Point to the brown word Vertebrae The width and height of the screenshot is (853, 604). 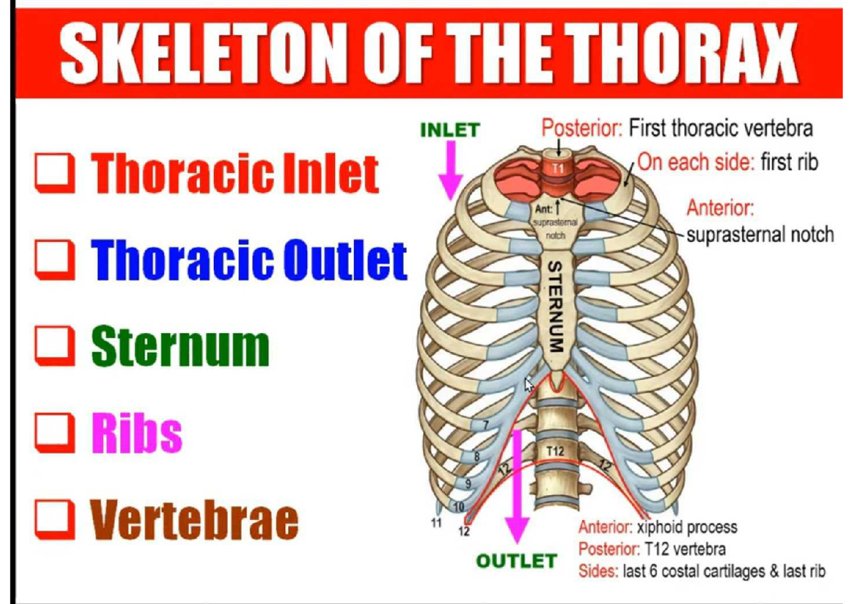pos(194,520)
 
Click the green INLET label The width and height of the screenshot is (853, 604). pos(450,130)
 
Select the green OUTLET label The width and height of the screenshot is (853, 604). pos(516,561)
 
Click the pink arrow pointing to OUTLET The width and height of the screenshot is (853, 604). pos(517,491)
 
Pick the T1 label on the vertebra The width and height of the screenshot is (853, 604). pos(558,169)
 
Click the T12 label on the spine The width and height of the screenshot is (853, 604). pos(556,452)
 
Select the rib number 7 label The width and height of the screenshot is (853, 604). pos(486,425)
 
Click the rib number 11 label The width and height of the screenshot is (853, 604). pos(437,523)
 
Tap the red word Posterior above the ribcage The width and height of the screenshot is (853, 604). pos(582,129)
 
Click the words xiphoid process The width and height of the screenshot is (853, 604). pos(687,528)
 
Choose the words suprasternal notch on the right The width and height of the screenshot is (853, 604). pos(760,234)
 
